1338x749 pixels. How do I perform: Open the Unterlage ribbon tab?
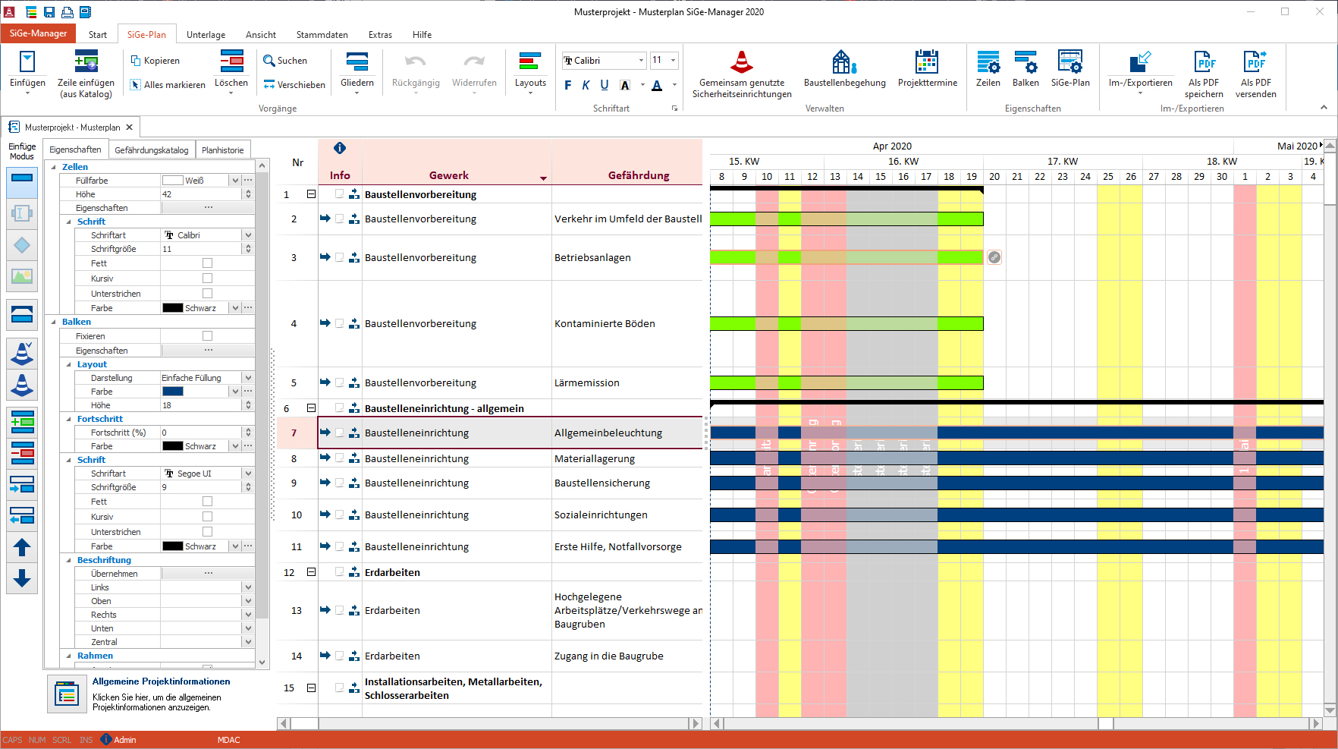click(206, 35)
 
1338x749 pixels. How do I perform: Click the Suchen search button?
click(285, 61)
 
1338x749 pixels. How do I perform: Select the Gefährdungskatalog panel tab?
click(152, 150)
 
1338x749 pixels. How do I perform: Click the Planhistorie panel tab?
click(222, 150)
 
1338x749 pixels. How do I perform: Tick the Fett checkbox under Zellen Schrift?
click(207, 263)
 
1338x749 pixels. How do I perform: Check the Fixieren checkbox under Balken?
click(207, 336)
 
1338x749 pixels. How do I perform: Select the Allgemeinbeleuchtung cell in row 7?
click(608, 433)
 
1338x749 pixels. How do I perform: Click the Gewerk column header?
click(449, 175)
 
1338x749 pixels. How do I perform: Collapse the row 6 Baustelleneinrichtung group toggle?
click(311, 408)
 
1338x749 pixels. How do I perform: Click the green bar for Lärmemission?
click(846, 383)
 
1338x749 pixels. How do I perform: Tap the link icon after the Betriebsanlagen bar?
click(994, 257)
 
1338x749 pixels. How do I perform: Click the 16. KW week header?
click(903, 162)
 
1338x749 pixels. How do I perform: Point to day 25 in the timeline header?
click(1107, 177)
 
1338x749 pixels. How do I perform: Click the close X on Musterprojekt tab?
click(130, 127)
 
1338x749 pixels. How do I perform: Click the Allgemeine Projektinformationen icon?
click(67, 694)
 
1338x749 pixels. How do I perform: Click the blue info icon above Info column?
click(340, 149)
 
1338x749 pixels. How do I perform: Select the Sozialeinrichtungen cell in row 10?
click(601, 515)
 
